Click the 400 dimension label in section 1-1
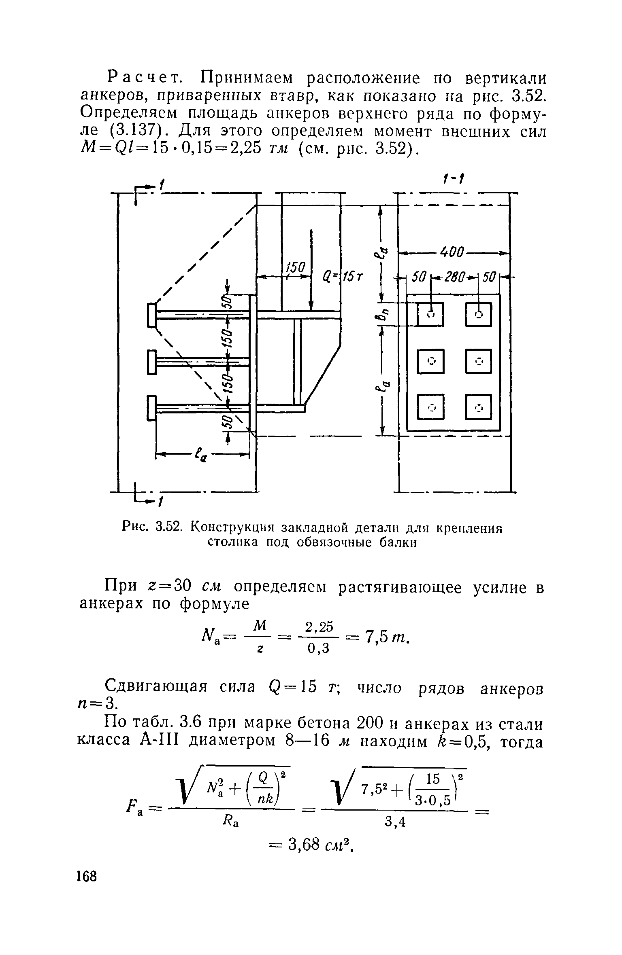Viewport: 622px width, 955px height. [453, 252]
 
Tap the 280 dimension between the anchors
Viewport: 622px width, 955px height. [455, 278]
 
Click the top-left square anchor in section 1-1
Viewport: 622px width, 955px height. [430, 314]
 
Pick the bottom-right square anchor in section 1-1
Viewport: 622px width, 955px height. [478, 407]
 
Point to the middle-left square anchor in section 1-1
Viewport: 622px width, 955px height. [430, 361]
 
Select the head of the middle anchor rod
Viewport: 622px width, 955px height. [152, 362]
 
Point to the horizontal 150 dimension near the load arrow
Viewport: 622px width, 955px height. [295, 267]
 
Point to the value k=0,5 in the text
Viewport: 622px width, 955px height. [467, 743]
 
